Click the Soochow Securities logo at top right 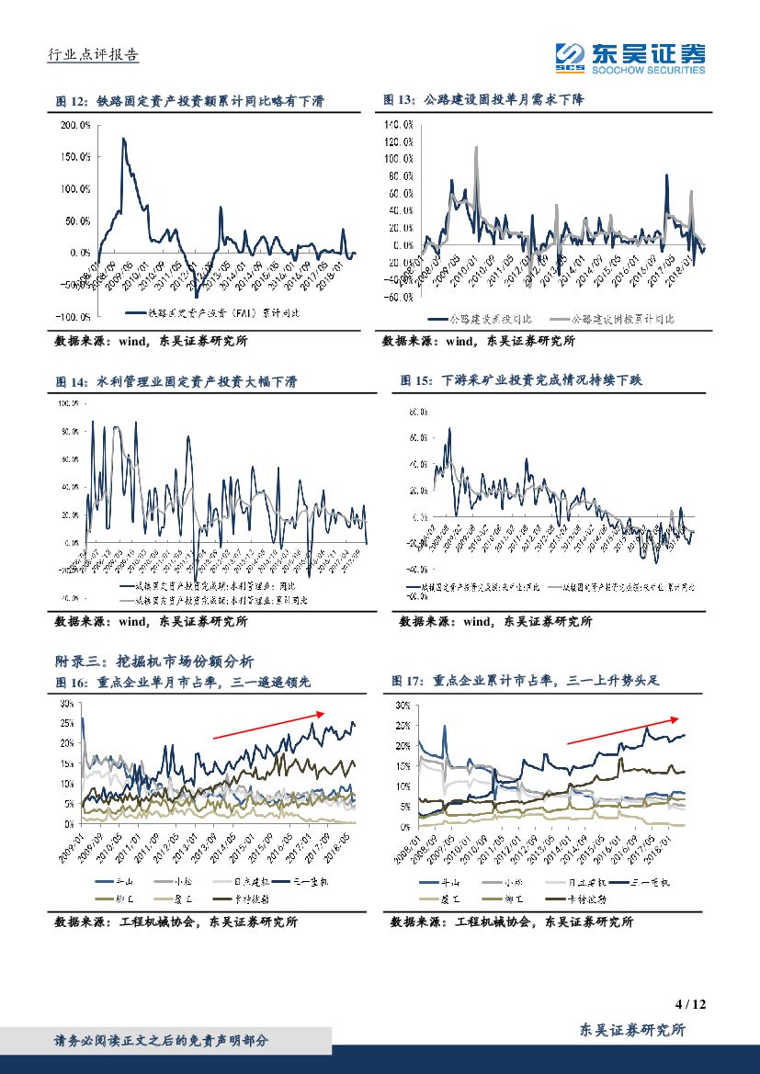pyautogui.click(x=630, y=60)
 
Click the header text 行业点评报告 pyautogui.click(x=93, y=55)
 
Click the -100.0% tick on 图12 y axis pyautogui.click(x=72, y=316)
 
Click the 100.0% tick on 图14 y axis pyautogui.click(x=70, y=403)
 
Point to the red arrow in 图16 pyautogui.click(x=268, y=724)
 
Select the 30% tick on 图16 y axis pyautogui.click(x=65, y=703)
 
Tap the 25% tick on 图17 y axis pyautogui.click(x=403, y=725)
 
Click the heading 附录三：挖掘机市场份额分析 pyautogui.click(x=155, y=661)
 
